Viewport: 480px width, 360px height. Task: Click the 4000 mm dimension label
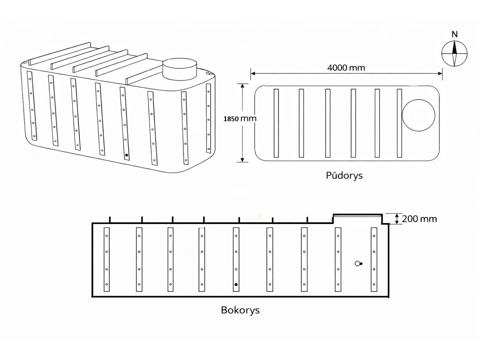pyautogui.click(x=346, y=67)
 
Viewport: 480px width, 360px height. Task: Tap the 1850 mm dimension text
pyautogui.click(x=241, y=119)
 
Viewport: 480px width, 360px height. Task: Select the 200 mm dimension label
pyautogui.click(x=420, y=219)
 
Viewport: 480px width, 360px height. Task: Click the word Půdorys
pyautogui.click(x=345, y=176)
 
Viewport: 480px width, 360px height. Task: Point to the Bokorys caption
pyautogui.click(x=240, y=310)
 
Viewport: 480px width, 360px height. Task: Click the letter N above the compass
pyautogui.click(x=454, y=34)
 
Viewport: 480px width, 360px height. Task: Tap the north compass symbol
pyautogui.click(x=454, y=53)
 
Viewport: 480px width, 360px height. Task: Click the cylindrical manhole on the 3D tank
pyautogui.click(x=181, y=69)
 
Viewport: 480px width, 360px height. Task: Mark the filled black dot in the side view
pyautogui.click(x=236, y=285)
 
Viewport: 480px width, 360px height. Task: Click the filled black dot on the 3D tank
pyautogui.click(x=126, y=155)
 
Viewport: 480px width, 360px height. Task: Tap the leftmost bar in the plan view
pyautogui.click(x=276, y=123)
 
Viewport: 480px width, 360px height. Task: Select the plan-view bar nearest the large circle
pyautogui.click(x=399, y=123)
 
